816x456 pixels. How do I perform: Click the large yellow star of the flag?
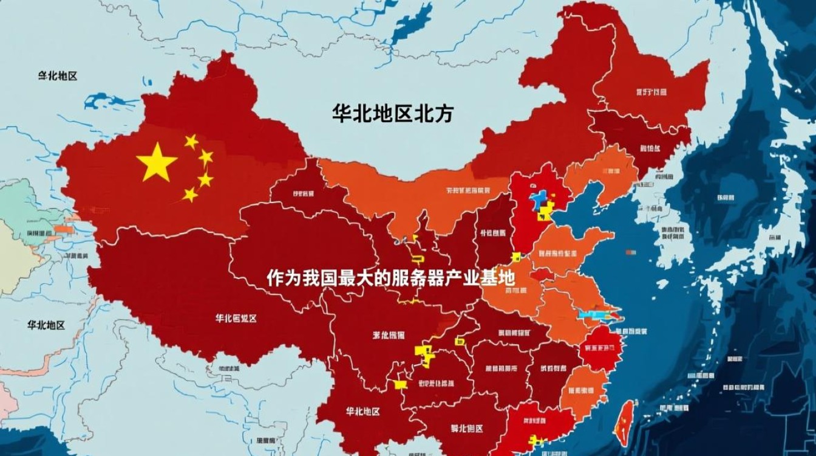tap(157, 162)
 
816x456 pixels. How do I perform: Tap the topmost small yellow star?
tap(191, 142)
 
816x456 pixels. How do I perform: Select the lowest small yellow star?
tap(191, 195)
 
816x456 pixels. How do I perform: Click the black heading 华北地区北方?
tap(392, 114)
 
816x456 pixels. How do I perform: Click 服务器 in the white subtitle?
tap(418, 278)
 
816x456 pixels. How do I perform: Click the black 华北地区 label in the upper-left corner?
tap(58, 76)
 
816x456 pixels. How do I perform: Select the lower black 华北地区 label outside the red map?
tap(46, 325)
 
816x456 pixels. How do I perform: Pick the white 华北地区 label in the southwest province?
tap(362, 412)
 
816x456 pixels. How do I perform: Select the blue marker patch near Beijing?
tap(538, 201)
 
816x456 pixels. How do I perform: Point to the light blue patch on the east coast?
tap(598, 315)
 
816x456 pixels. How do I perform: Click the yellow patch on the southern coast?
tap(535, 439)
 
